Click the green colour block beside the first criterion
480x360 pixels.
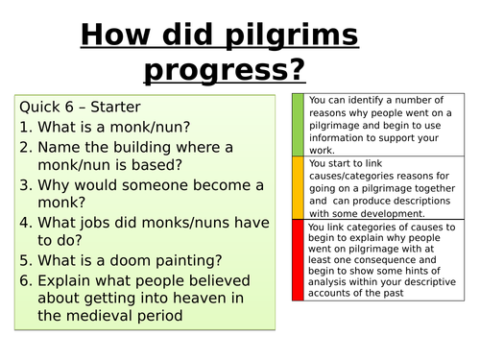(298, 125)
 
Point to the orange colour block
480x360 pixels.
(298, 188)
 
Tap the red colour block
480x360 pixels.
(298, 260)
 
